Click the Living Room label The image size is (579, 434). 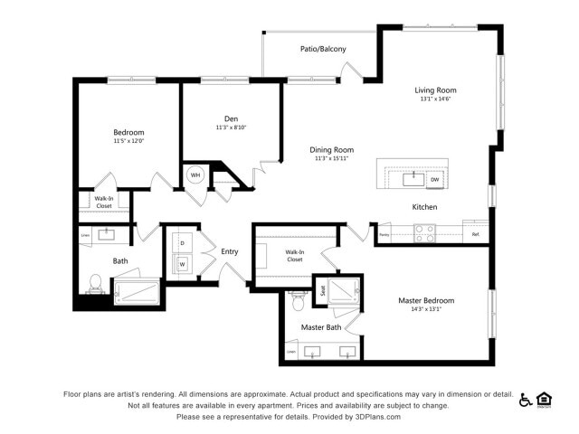435,90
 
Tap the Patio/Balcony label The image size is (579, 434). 323,49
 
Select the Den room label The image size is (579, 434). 231,118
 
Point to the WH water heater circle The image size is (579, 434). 195,175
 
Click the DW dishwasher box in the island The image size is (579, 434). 434,180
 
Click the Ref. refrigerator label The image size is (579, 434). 476,235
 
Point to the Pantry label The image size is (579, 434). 384,235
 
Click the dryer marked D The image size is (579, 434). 182,242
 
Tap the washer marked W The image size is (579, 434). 182,264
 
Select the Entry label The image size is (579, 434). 230,250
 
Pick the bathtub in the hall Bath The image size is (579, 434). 137,292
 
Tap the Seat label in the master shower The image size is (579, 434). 321,290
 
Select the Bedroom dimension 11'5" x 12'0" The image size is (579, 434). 128,141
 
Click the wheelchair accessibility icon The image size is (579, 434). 526,400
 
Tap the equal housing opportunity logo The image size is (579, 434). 545,400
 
